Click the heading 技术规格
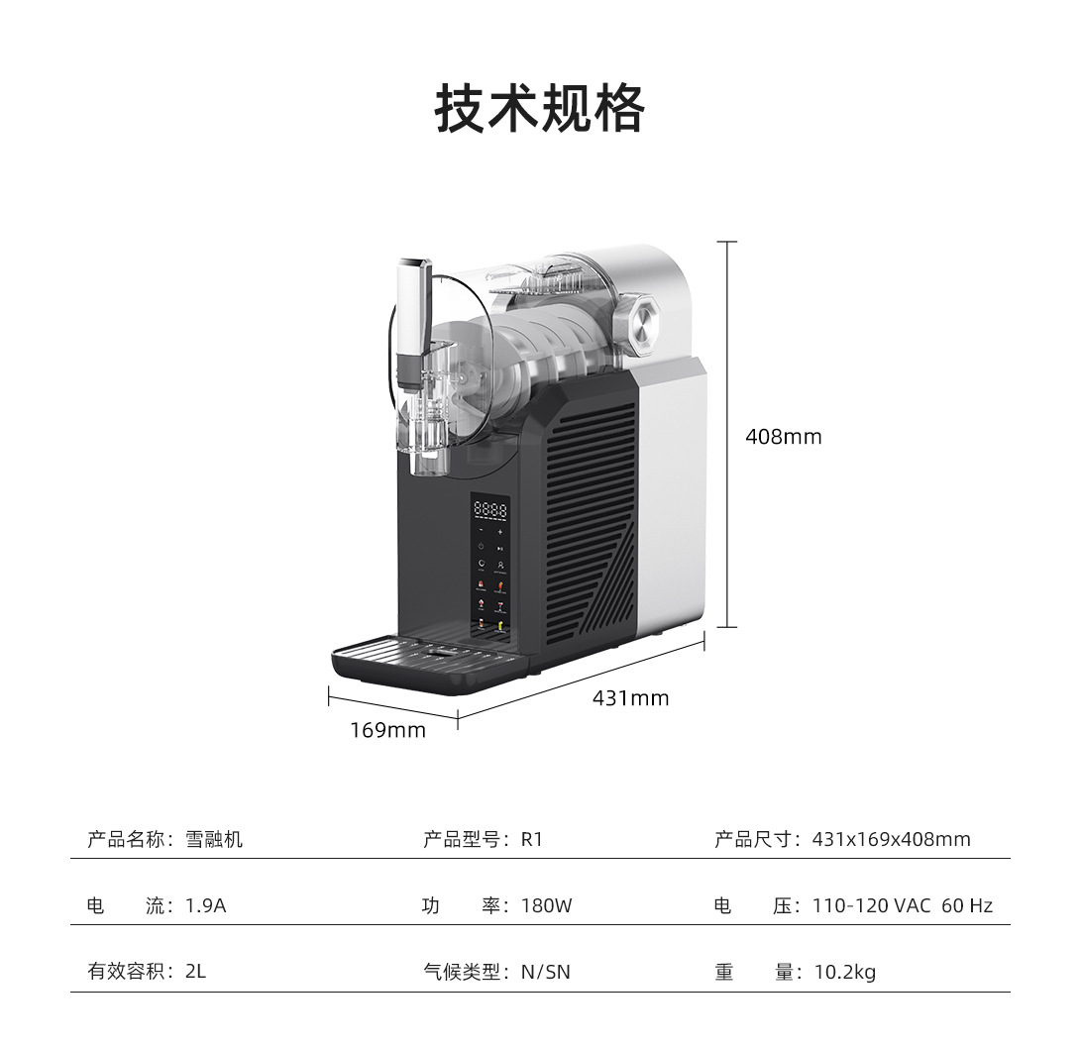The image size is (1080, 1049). tap(540, 108)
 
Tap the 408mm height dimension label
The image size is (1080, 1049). tap(783, 437)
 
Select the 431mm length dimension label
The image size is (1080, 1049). tap(630, 698)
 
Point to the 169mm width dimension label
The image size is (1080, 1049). tap(387, 731)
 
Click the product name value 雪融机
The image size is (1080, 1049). tap(214, 840)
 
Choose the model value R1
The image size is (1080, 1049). tap(532, 840)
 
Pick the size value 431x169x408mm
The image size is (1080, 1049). tap(891, 840)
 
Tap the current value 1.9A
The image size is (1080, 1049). tap(206, 905)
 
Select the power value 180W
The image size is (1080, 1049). tap(546, 905)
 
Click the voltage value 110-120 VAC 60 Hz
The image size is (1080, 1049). tap(902, 905)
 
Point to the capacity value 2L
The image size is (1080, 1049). tap(195, 972)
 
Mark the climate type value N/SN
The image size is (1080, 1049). tap(546, 972)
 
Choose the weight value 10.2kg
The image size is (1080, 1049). tap(845, 972)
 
